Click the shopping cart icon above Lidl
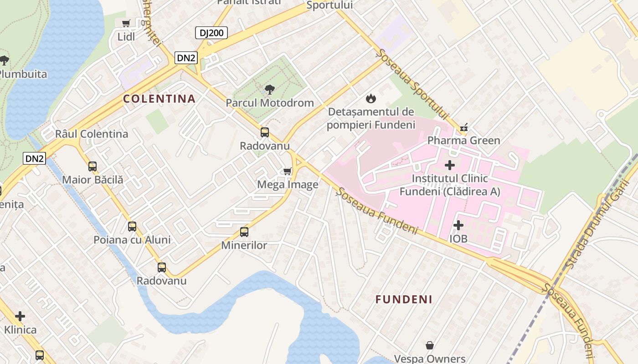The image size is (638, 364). coord(126,23)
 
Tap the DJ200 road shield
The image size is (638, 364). coord(211,33)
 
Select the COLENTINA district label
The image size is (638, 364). coord(159,99)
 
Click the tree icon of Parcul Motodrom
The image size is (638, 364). coord(270,89)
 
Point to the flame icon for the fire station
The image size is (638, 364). coord(371,98)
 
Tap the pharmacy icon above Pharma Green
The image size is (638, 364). coord(464,127)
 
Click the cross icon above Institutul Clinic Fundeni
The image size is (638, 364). coord(450,165)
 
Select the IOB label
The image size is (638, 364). coord(458,238)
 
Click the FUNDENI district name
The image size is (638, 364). coord(404,299)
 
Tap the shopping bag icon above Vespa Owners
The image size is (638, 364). coord(429,346)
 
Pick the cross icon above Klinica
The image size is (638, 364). coord(20,316)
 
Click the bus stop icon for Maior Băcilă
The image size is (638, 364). coord(93,167)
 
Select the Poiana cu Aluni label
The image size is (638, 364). coord(132,240)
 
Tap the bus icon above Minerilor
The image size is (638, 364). coord(244,232)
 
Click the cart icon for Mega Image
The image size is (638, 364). coord(287,171)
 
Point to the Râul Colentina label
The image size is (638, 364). coord(92,134)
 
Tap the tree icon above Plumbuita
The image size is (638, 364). coord(5,60)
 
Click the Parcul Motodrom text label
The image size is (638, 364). coord(270,103)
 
